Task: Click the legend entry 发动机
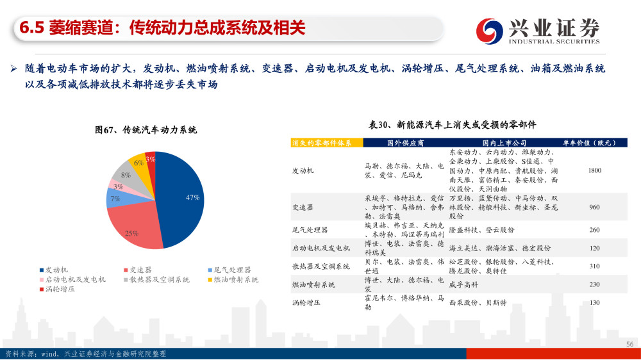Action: pos(54,270)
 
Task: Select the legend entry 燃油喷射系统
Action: pos(233,280)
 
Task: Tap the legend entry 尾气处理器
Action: pos(229,270)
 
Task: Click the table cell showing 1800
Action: pos(595,170)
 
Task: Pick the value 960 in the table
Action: pos(595,207)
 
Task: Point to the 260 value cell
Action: pos(595,230)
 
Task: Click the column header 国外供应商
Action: pos(406,143)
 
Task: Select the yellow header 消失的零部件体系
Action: pos(322,143)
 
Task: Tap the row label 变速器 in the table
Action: pos(303,208)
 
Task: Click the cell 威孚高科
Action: pos(463,284)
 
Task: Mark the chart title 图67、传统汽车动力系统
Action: pos(146,130)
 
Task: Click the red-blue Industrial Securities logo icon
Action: pos(489,31)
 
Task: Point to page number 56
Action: pos(630,344)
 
